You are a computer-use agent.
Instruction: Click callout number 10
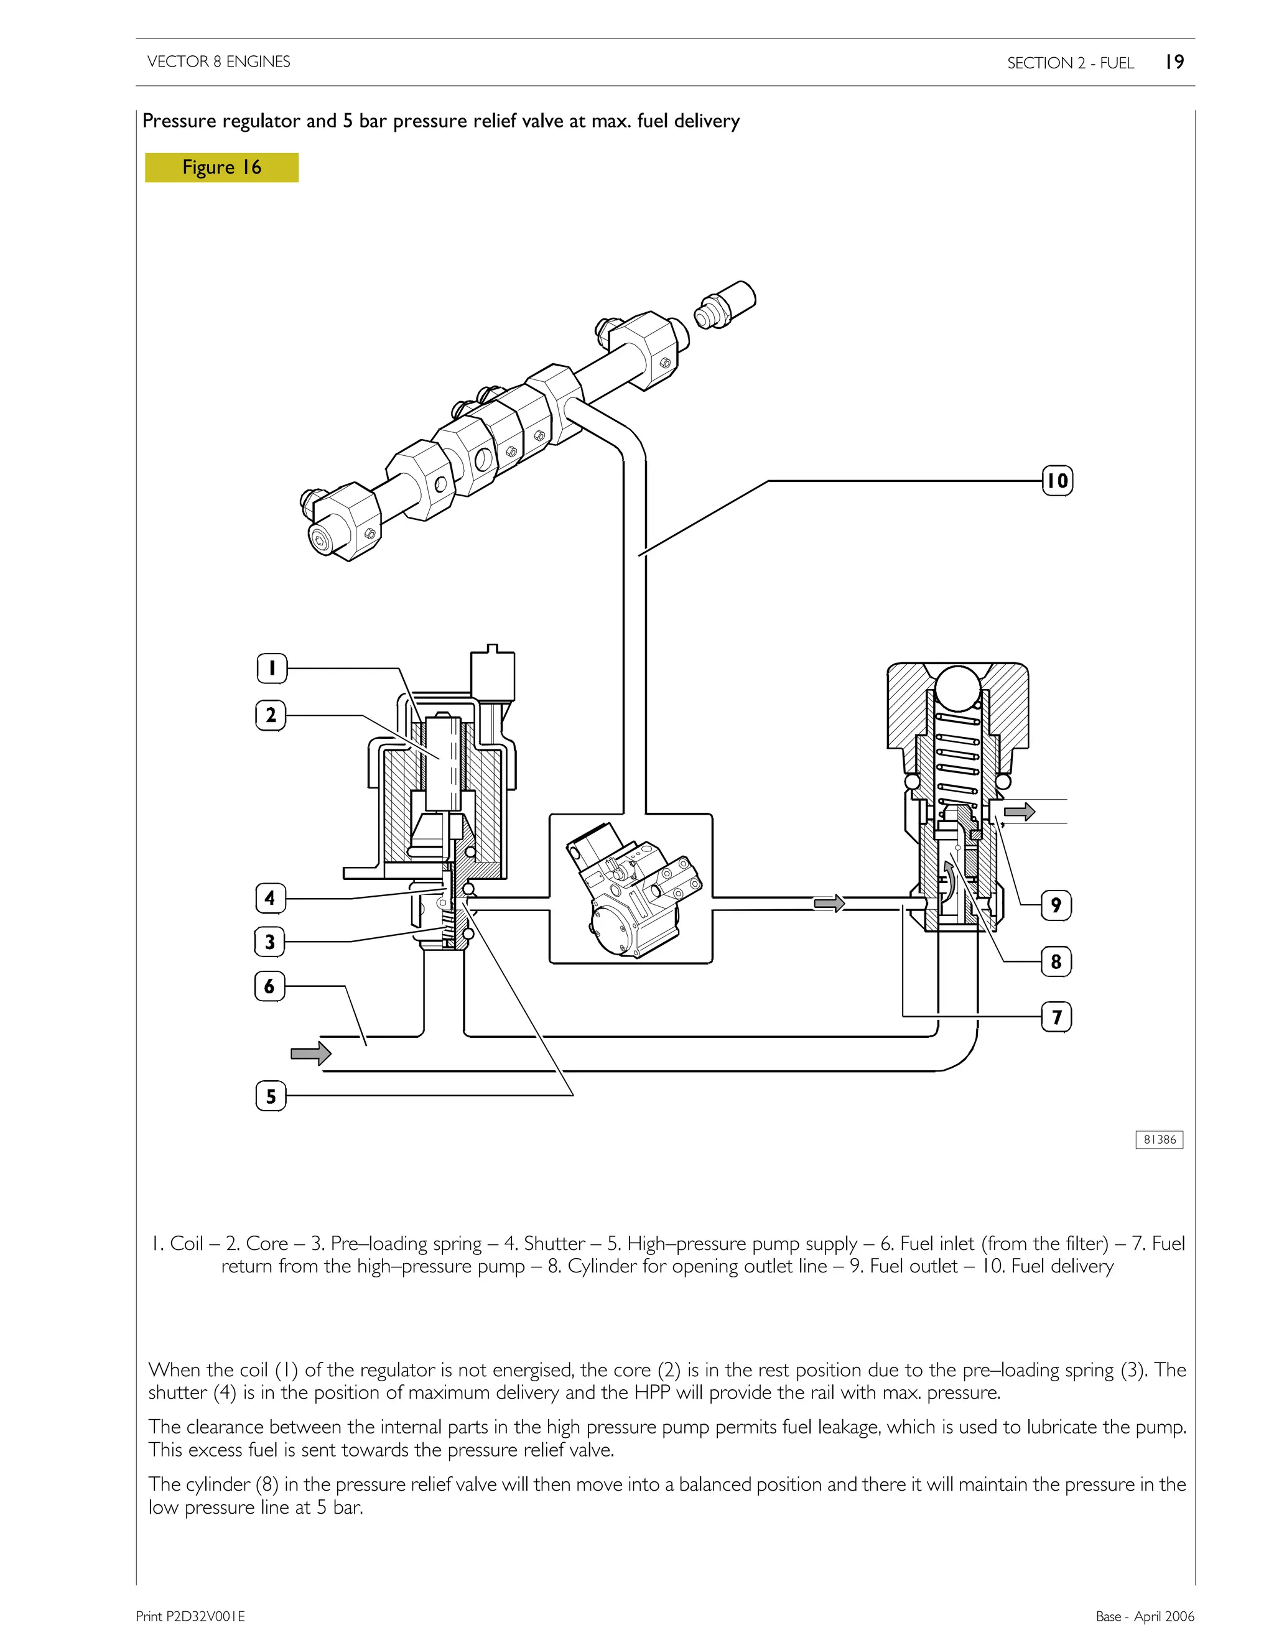pos(1057,481)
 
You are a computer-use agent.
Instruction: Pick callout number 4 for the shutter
pos(270,898)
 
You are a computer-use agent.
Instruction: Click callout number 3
pos(270,942)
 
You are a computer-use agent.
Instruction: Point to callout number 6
pos(270,986)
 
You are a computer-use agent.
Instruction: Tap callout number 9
pos(1056,905)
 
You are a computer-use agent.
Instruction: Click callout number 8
pos(1056,961)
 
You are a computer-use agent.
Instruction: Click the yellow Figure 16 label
pos(222,167)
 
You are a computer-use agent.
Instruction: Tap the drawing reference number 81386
pos(1160,1139)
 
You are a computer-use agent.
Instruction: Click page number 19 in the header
pos(1174,62)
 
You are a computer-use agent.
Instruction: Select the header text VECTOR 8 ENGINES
pos(219,62)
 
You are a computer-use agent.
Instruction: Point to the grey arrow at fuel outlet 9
pos(1019,812)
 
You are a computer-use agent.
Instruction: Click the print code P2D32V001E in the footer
pos(190,1616)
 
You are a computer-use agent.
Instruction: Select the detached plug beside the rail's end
pos(725,305)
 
